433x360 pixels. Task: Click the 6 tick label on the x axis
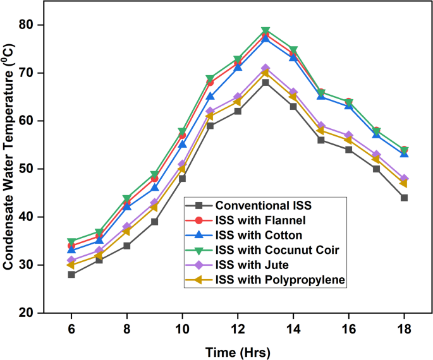71,328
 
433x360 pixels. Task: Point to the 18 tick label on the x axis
404,328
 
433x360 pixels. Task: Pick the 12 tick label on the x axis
238,328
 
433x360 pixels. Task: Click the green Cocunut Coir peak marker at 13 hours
265,30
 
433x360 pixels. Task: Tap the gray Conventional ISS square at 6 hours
71,274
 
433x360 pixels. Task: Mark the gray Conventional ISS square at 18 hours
404,198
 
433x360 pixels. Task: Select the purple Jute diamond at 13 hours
265,68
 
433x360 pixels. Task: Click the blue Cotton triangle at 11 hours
210,97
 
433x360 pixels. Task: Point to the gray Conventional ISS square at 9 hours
154,222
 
